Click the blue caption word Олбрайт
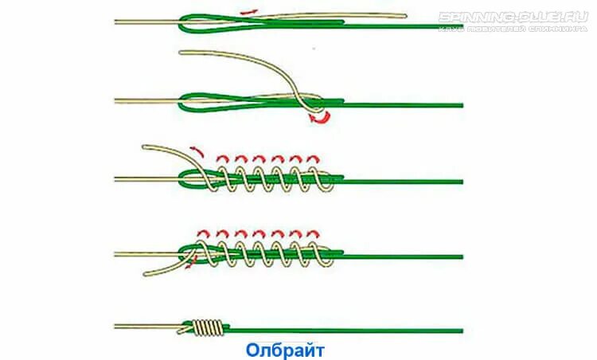[x=285, y=350]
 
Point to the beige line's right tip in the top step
[x=404, y=15]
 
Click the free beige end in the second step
[x=183, y=53]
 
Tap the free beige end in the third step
[x=144, y=147]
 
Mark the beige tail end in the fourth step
[x=146, y=275]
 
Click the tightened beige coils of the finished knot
[x=209, y=327]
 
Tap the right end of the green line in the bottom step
[x=461, y=330]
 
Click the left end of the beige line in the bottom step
[x=116, y=327]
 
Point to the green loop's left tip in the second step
[x=182, y=101]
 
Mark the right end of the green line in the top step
[x=462, y=26]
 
